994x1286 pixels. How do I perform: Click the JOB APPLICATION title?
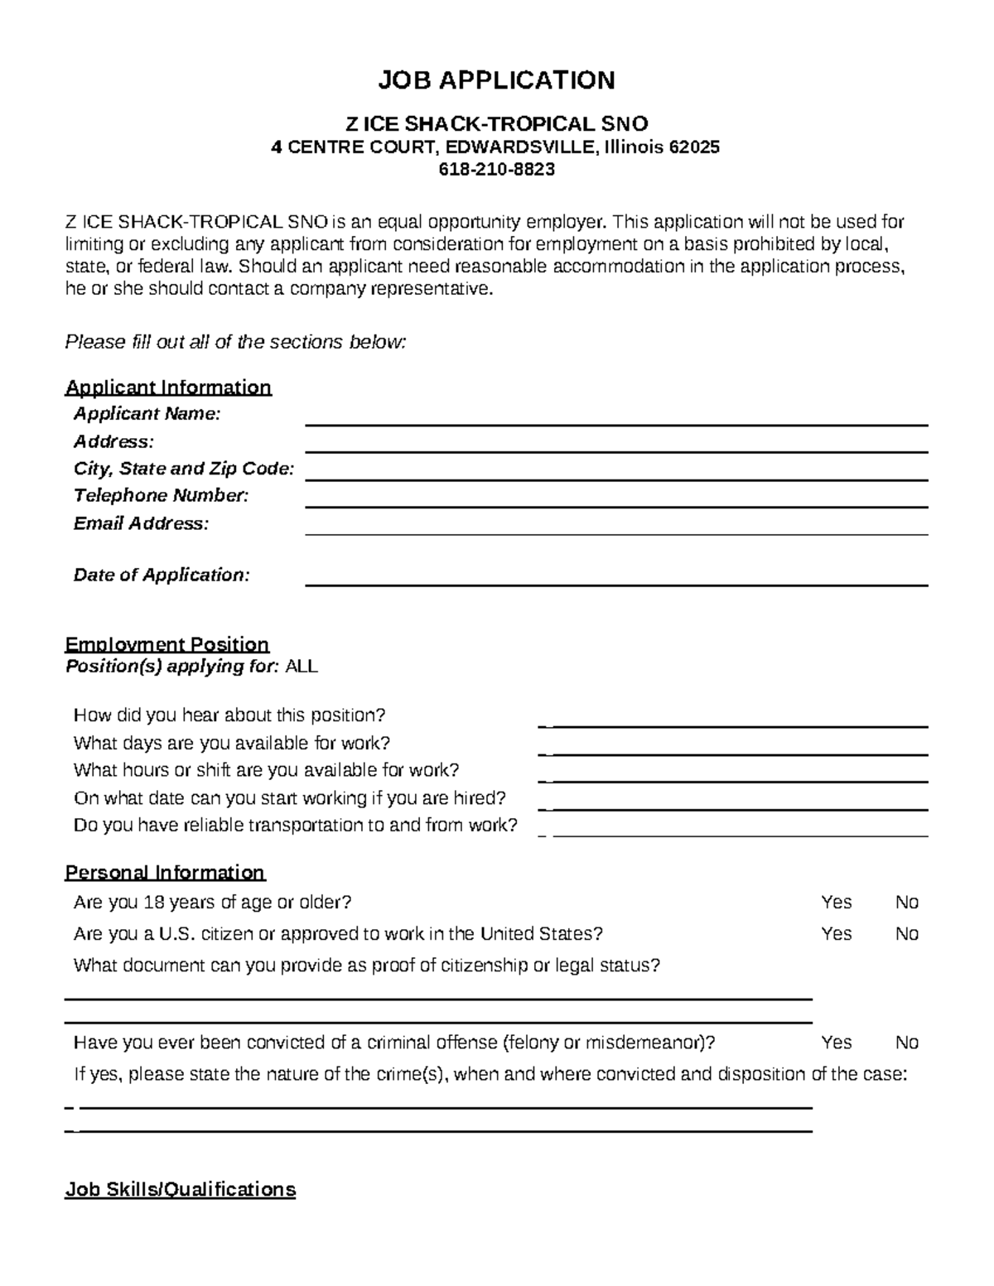coord(496,80)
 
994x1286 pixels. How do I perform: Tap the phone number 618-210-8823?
coord(496,170)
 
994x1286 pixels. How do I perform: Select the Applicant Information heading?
coord(168,388)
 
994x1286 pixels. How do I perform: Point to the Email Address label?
coord(141,523)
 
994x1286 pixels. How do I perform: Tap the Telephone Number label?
coord(161,496)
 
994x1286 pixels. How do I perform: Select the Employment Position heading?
coord(166,644)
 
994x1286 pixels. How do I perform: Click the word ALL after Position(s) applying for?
coord(301,667)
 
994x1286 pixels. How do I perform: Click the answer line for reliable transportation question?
coord(739,833)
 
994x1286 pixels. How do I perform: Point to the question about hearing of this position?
coord(229,715)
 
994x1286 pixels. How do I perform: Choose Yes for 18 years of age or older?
coord(836,903)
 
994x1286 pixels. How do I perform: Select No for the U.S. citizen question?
coord(906,934)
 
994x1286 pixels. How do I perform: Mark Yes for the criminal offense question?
coord(836,1043)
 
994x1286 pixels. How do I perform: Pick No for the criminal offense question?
coord(906,1043)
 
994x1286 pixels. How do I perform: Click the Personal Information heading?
coord(165,873)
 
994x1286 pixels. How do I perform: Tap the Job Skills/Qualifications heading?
coord(180,1190)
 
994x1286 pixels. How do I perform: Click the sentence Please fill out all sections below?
coord(235,342)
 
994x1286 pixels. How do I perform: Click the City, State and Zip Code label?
coord(184,469)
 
